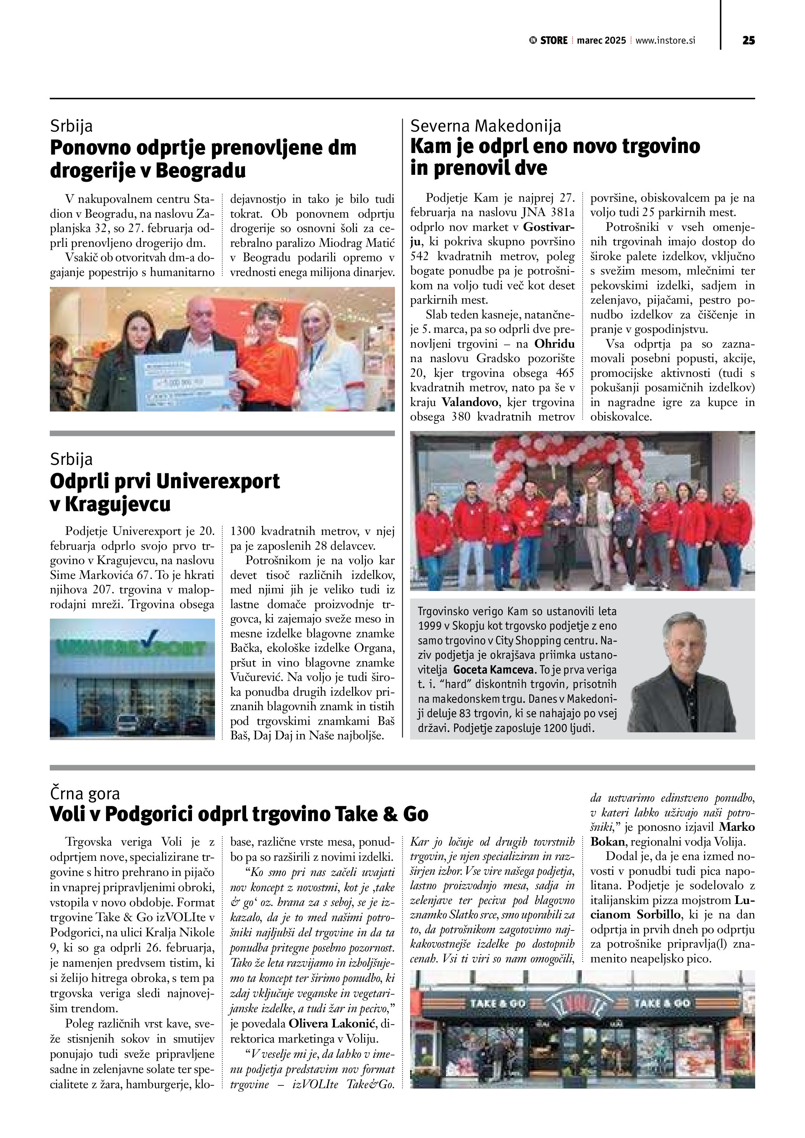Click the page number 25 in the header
pos(749,40)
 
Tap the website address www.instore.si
pos(665,40)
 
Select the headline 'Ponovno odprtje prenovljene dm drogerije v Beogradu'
pos(203,159)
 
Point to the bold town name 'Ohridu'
pos(555,344)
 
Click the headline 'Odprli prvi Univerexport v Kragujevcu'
pos(165,492)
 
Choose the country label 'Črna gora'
pos(85,793)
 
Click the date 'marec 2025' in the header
pos(601,40)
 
